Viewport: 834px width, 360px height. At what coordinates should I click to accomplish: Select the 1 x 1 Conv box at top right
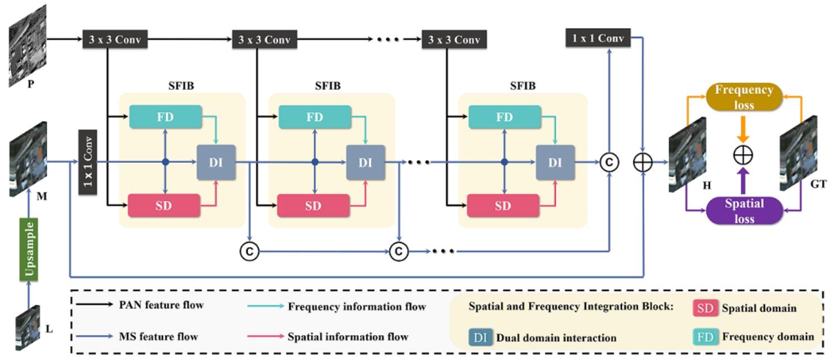pyautogui.click(x=597, y=38)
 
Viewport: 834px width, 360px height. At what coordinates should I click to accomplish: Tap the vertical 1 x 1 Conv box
pyautogui.click(x=88, y=162)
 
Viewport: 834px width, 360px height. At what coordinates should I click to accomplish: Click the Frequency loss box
pyautogui.click(x=744, y=97)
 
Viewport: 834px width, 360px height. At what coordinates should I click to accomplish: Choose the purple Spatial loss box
pyautogui.click(x=744, y=211)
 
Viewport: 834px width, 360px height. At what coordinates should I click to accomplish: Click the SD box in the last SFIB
pyautogui.click(x=502, y=205)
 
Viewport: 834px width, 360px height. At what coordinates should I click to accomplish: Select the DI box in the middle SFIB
pyautogui.click(x=365, y=162)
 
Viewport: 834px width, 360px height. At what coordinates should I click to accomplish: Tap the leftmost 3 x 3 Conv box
pyautogui.click(x=115, y=40)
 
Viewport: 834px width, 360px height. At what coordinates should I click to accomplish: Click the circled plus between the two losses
pyautogui.click(x=744, y=155)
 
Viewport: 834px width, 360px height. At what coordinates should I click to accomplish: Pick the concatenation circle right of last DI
pyautogui.click(x=609, y=162)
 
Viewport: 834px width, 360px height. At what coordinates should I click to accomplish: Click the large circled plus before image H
pyautogui.click(x=644, y=162)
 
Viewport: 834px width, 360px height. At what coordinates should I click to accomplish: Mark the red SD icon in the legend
pyautogui.click(x=705, y=308)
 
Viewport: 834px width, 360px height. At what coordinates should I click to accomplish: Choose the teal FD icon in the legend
pyautogui.click(x=705, y=336)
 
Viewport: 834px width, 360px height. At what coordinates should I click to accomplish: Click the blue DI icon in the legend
pyautogui.click(x=479, y=337)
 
